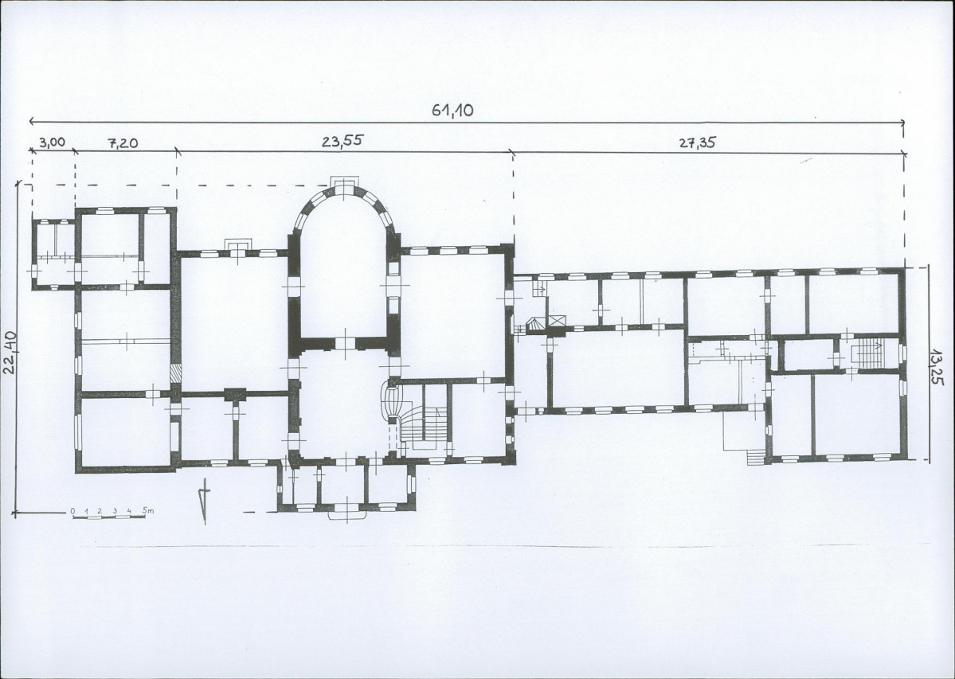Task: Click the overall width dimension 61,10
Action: click(452, 110)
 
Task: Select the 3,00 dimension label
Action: click(52, 142)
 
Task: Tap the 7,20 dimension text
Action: click(123, 143)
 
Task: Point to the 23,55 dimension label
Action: click(342, 141)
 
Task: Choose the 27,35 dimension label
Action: click(698, 142)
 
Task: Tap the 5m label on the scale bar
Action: click(148, 510)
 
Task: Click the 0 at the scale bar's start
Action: click(72, 510)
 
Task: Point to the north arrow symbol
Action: click(205, 500)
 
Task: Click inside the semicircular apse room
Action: click(343, 267)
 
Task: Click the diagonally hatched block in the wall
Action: click(175, 373)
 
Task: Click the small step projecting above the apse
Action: click(344, 181)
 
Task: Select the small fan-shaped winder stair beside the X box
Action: click(535, 324)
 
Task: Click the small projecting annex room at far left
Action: click(55, 254)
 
